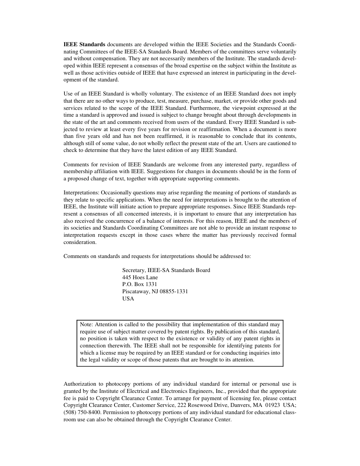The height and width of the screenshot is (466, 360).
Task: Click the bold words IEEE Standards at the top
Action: pyautogui.click(x=84, y=44)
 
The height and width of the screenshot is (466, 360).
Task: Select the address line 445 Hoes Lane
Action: pyautogui.click(x=140, y=277)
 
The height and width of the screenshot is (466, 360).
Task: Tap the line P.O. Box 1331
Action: pyautogui.click(x=139, y=284)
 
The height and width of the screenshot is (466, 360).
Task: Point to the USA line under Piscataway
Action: pyautogui.click(x=128, y=299)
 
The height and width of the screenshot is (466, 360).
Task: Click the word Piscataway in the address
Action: pyautogui.click(x=135, y=291)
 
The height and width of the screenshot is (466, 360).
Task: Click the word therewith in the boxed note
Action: pyautogui.click(x=118, y=346)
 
